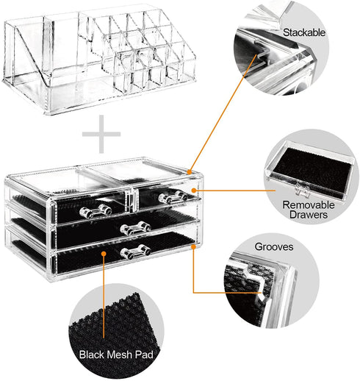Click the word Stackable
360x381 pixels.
(304, 32)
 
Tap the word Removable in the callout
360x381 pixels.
(309, 204)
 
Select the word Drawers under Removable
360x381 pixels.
(309, 215)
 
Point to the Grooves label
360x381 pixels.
(274, 246)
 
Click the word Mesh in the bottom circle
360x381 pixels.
(119, 355)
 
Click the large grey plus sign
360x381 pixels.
(101, 134)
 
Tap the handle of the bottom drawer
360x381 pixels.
(135, 251)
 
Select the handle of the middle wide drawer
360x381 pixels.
(135, 228)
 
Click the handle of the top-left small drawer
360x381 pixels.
(96, 211)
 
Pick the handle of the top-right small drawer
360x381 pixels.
(173, 197)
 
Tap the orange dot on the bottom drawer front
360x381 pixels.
(104, 254)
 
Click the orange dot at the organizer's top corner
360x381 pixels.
(189, 172)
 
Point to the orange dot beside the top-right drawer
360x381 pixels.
(194, 190)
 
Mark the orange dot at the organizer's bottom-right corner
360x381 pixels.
(193, 246)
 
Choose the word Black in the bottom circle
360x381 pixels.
(93, 355)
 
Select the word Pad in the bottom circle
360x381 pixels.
(144, 355)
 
